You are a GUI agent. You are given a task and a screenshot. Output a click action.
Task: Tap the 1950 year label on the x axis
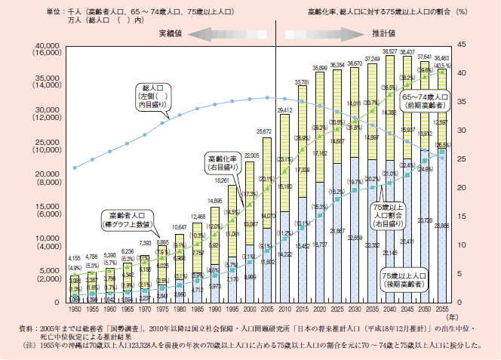tap(74, 309)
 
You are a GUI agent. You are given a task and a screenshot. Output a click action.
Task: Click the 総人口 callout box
tap(151, 97)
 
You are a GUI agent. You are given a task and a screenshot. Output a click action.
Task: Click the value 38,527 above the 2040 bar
tap(391, 51)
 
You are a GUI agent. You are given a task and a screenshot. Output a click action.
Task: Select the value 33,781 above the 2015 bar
tap(302, 82)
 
